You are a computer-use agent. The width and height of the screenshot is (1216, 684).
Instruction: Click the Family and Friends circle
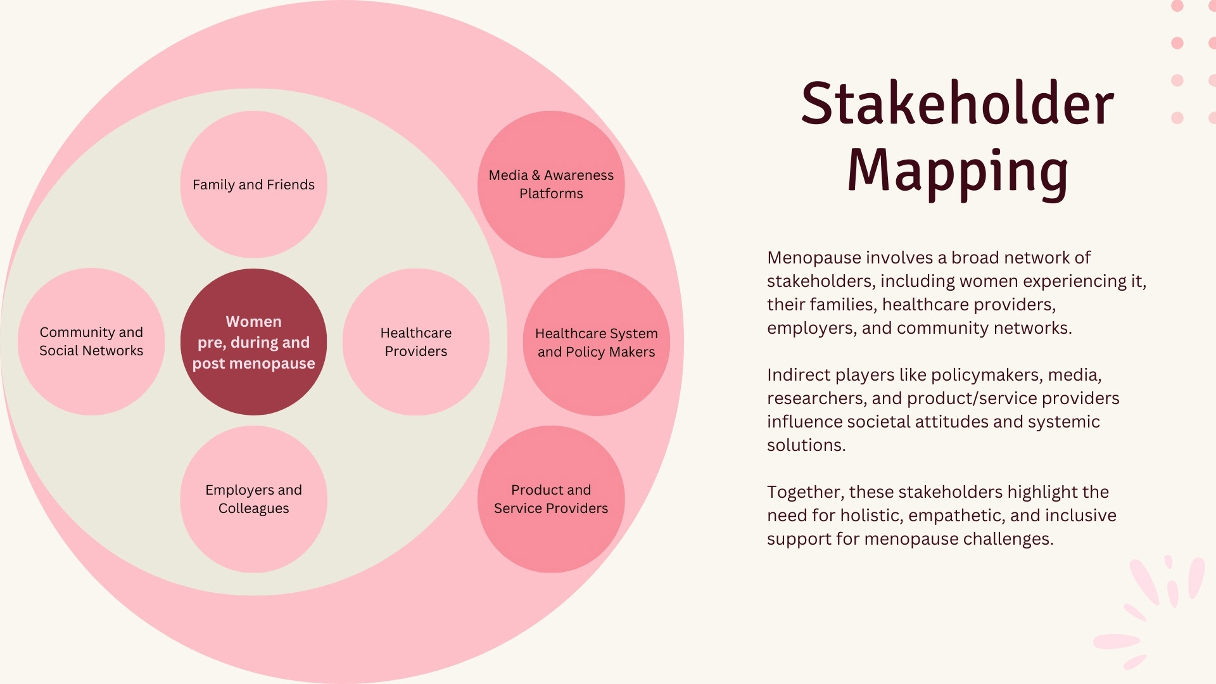point(253,184)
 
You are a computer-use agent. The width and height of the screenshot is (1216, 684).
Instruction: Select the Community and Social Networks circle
point(91,341)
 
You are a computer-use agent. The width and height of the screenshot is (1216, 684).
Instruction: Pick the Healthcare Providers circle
point(415,342)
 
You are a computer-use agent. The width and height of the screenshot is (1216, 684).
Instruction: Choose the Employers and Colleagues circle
point(253,499)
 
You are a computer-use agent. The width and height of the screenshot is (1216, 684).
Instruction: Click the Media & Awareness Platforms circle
point(551,184)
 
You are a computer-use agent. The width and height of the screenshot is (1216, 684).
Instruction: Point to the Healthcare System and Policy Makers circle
point(596,342)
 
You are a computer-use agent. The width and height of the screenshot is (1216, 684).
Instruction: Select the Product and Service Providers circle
point(551,499)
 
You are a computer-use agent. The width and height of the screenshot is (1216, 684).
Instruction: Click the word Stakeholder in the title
point(957,104)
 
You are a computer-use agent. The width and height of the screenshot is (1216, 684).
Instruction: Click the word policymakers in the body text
point(985,376)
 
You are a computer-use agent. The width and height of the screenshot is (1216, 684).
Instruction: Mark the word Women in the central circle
point(253,322)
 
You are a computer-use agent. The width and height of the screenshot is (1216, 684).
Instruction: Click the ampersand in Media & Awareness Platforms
point(536,175)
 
